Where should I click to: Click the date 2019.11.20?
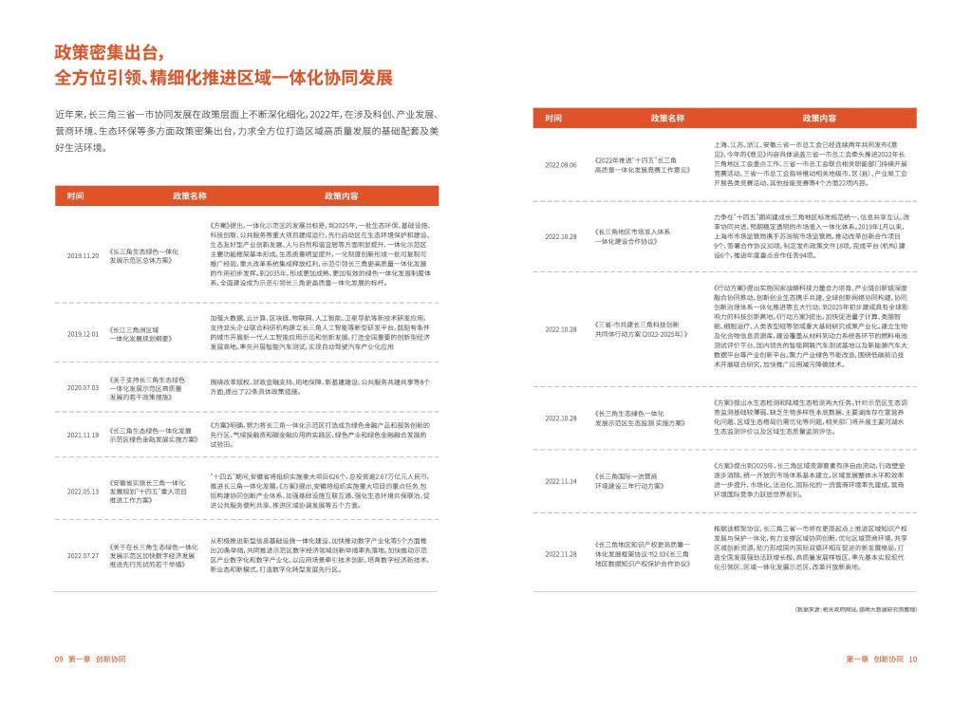[x=83, y=256]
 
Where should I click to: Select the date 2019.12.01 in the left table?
[x=83, y=333]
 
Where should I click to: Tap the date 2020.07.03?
[x=83, y=388]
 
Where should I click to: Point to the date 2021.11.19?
[x=83, y=435]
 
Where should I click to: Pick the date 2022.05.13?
[x=83, y=492]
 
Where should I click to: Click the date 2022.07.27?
[x=83, y=554]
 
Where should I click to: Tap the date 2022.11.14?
[x=561, y=481]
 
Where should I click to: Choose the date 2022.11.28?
[x=561, y=553]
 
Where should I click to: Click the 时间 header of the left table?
[x=75, y=195]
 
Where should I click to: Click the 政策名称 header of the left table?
[x=189, y=195]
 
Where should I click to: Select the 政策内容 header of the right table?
[x=818, y=119]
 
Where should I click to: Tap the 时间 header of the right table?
[x=553, y=119]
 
